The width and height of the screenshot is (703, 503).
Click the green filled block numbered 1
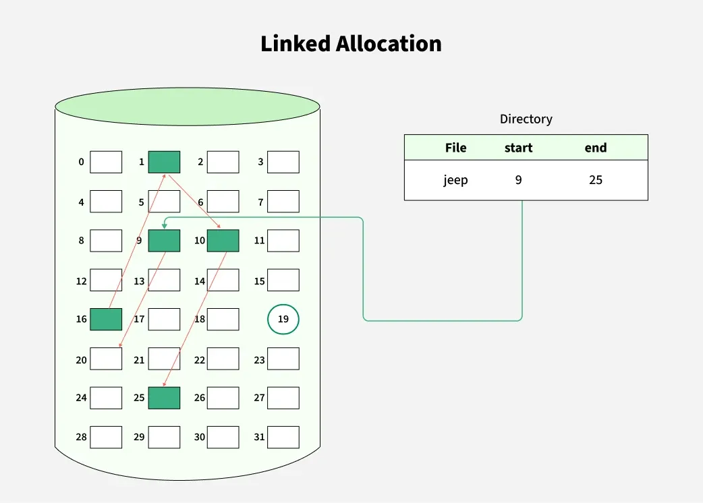point(164,162)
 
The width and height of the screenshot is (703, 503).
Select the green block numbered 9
point(164,241)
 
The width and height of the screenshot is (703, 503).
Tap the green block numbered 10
point(223,241)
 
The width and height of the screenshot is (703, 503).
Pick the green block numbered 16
point(106,319)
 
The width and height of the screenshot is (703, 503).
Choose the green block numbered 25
point(164,398)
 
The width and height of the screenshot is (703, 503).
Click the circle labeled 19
point(283,320)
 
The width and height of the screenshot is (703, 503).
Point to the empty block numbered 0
point(106,162)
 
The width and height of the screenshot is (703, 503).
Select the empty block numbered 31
point(283,437)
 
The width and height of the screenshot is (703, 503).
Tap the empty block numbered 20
point(106,359)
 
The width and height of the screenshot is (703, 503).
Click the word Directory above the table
point(526,119)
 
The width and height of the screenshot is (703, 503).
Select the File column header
point(455,148)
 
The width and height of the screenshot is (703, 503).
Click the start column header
point(518,148)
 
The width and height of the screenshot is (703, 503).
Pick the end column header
point(595,148)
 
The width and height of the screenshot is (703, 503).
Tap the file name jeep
point(455,180)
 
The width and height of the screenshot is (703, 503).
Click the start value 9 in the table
point(518,180)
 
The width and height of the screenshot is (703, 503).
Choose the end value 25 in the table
point(595,180)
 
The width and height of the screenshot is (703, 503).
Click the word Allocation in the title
point(389,44)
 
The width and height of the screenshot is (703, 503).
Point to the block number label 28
point(81,437)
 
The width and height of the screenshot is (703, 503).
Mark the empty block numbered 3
point(283,162)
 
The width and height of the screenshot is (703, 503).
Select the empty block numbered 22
point(223,359)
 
